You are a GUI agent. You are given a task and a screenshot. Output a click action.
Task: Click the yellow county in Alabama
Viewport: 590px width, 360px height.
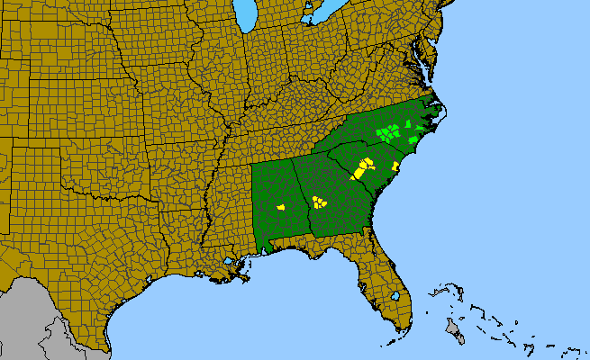tap(281, 207)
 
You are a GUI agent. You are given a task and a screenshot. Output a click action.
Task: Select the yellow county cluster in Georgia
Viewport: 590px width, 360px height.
tap(318, 202)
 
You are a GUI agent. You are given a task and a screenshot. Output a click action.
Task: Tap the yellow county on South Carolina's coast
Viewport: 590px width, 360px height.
tap(396, 166)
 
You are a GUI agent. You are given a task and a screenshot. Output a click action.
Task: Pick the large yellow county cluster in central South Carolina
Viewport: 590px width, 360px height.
tap(362, 167)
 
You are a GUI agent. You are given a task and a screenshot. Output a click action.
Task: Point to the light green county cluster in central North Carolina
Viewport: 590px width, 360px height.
tap(388, 134)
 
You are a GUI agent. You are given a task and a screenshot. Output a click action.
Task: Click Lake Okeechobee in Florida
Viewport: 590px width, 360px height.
tap(395, 295)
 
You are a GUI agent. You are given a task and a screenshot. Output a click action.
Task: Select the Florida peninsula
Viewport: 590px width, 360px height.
tap(383, 279)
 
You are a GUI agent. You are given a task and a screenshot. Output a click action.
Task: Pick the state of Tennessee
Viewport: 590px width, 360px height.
tap(270, 135)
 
